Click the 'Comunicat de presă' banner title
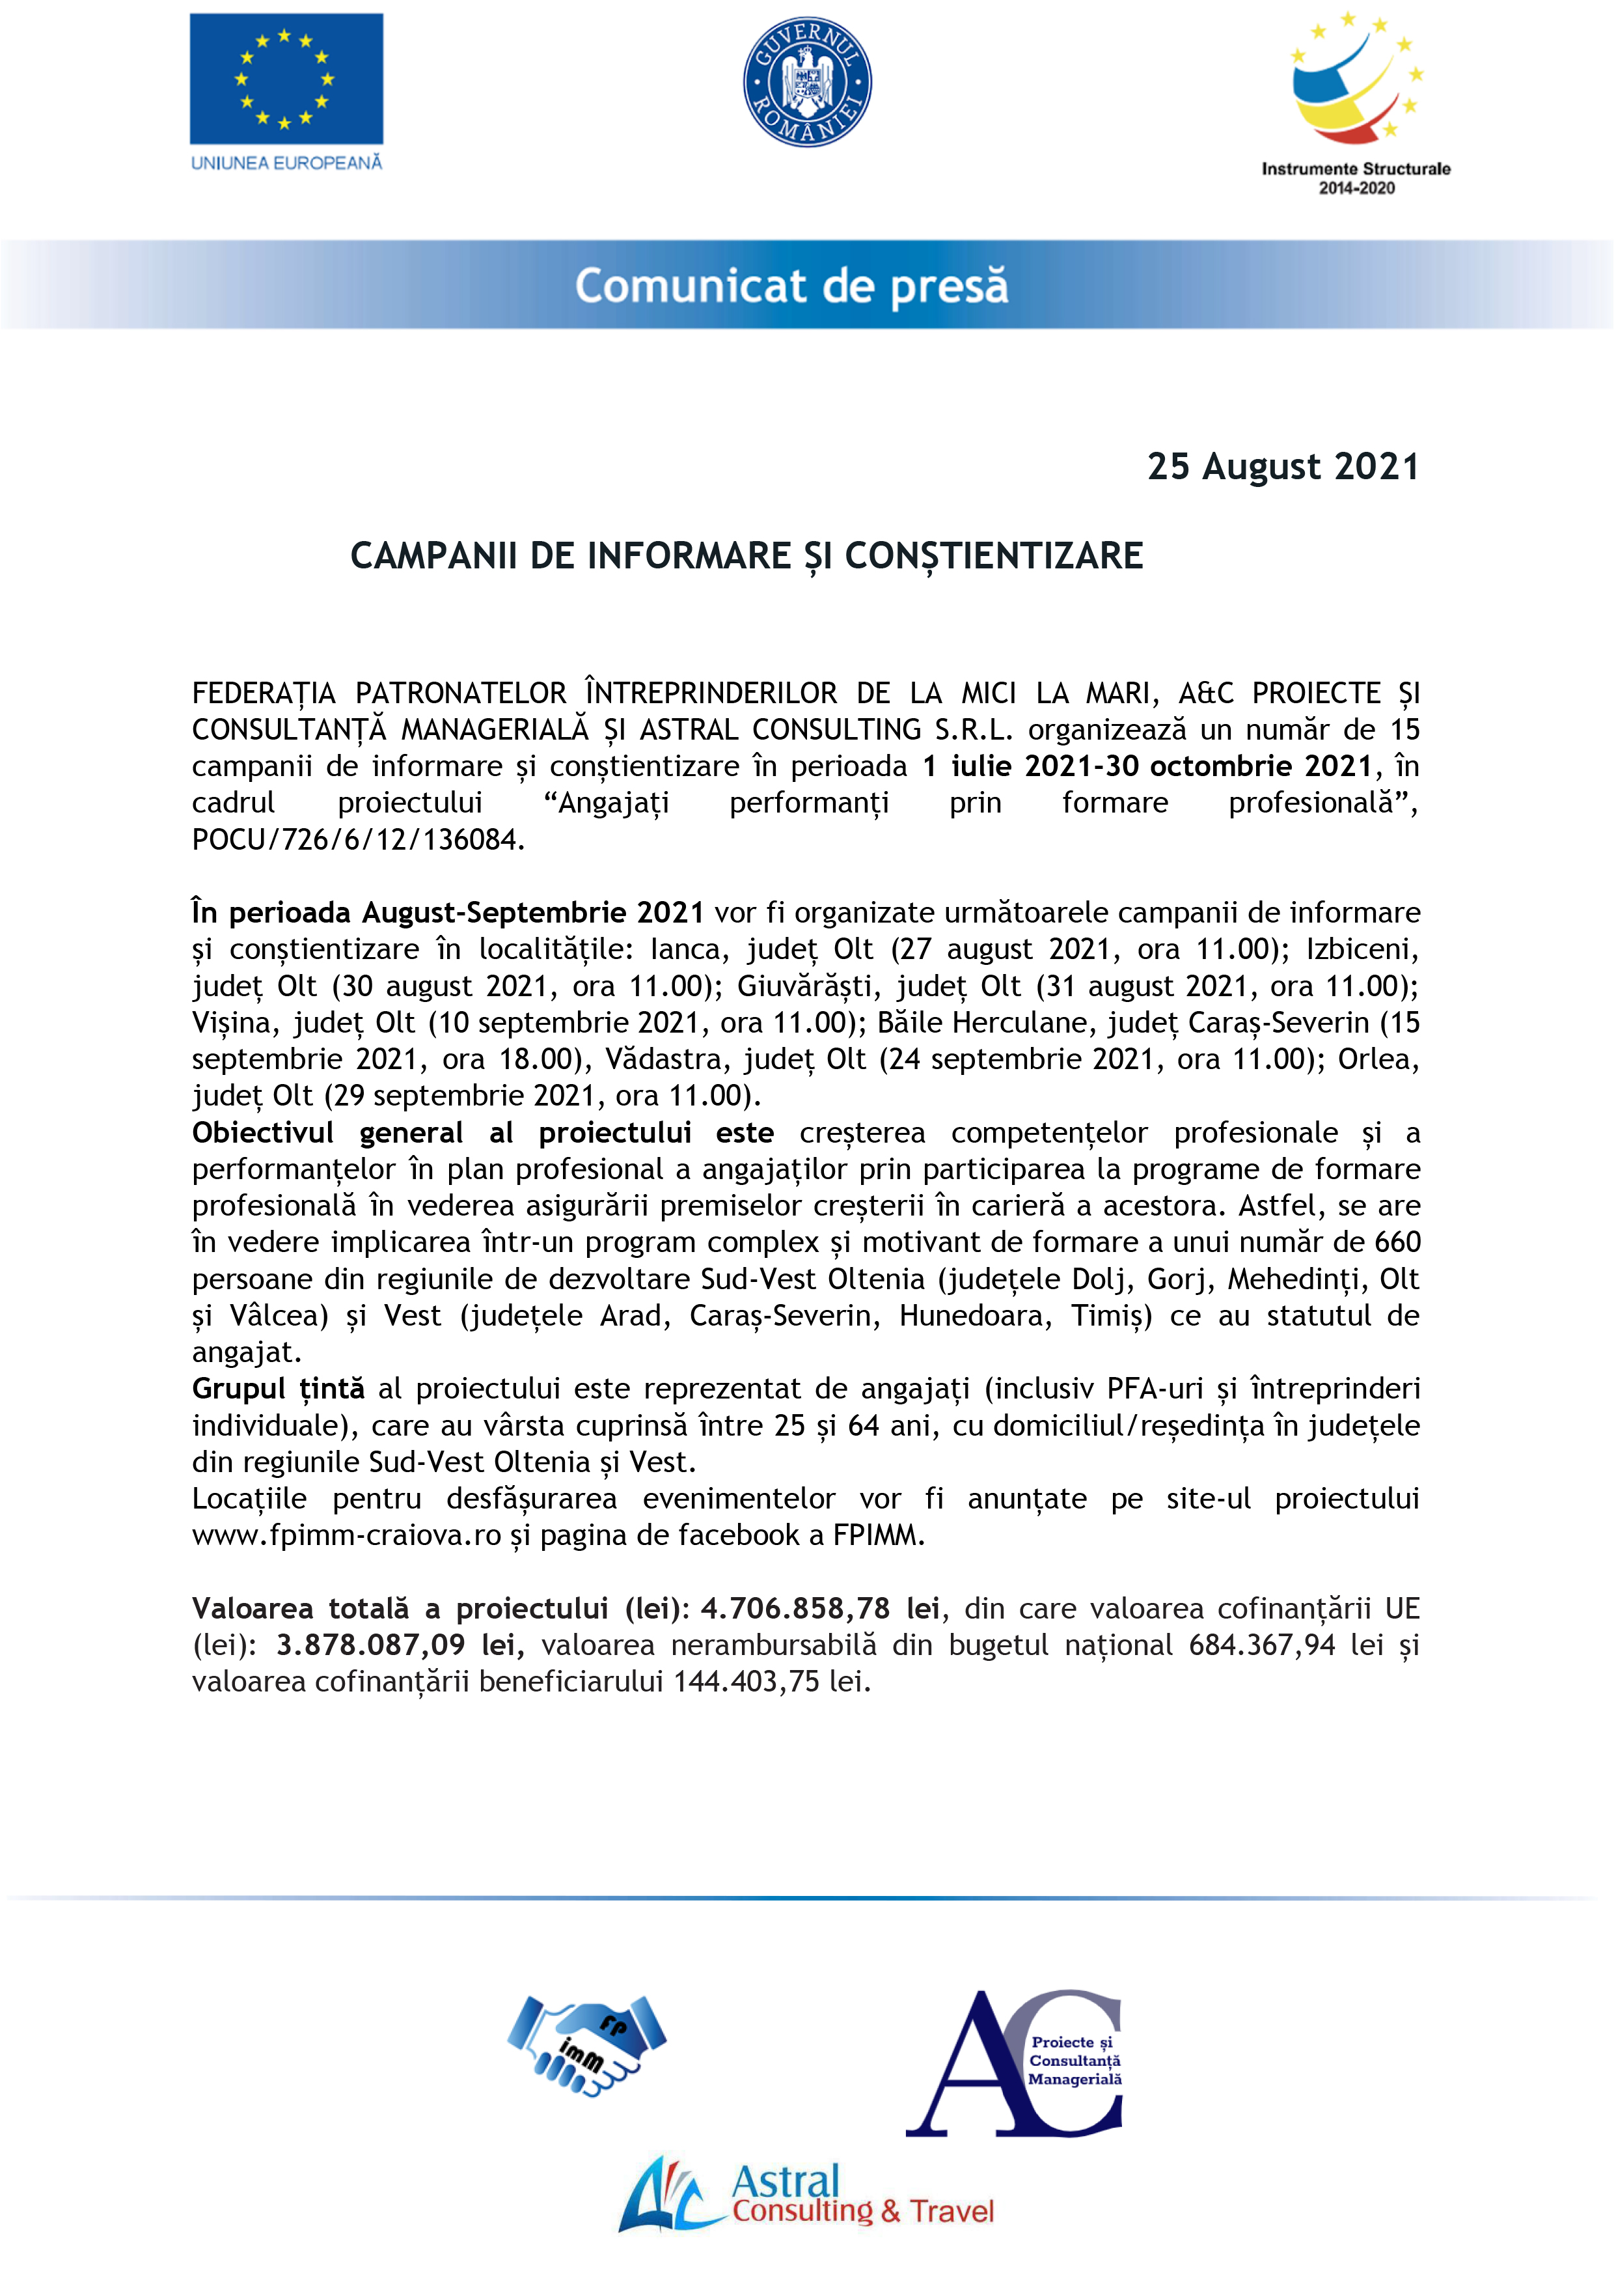(x=791, y=286)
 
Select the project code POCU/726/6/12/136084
(x=357, y=840)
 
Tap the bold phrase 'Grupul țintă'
(x=278, y=1388)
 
